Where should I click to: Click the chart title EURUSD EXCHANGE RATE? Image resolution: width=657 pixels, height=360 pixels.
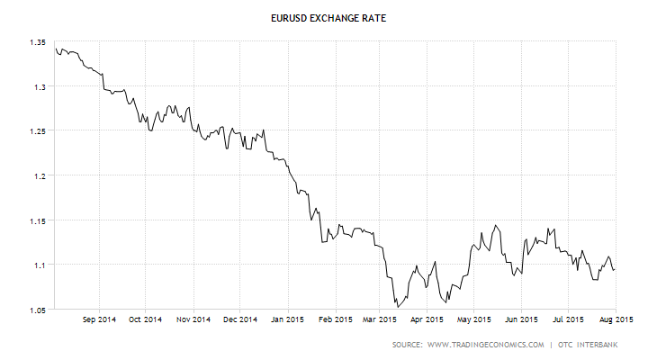click(x=328, y=16)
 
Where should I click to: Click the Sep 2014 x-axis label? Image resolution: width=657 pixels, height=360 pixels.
click(x=99, y=319)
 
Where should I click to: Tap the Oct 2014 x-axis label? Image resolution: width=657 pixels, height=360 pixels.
click(x=146, y=319)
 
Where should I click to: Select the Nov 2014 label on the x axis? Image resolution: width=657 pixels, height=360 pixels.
click(x=193, y=319)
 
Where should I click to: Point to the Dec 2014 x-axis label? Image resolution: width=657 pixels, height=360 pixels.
click(x=239, y=319)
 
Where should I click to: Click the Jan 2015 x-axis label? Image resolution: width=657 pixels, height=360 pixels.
click(x=287, y=319)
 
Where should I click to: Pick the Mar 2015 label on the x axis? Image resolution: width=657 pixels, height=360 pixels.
click(x=380, y=319)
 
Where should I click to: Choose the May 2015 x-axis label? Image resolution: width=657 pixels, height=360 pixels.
click(x=474, y=319)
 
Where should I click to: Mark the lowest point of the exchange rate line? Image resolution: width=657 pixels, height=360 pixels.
click(x=397, y=307)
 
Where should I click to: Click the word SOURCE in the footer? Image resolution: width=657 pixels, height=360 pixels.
click(x=408, y=345)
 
